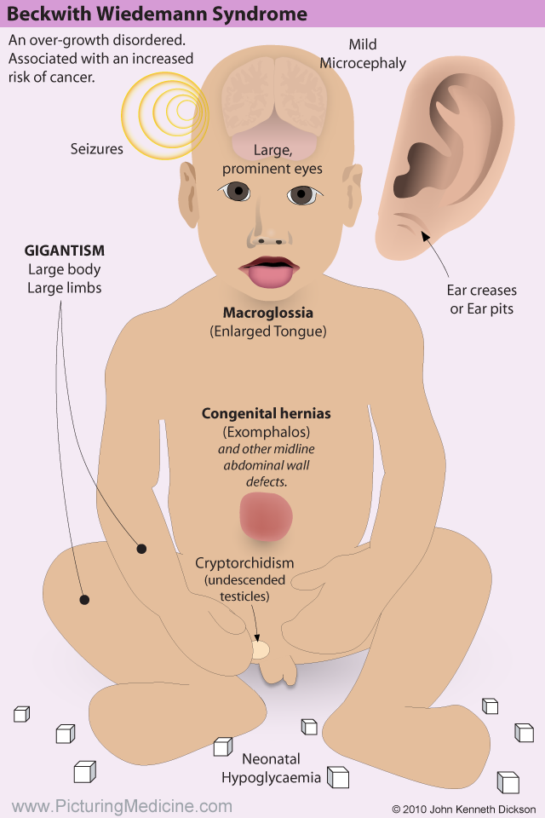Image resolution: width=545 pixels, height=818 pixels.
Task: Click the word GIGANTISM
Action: pyautogui.click(x=64, y=251)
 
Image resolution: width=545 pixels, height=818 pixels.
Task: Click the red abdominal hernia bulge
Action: pyautogui.click(x=266, y=516)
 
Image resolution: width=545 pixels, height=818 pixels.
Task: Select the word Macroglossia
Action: pyautogui.click(x=268, y=313)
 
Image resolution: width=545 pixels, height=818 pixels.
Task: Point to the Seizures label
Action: pyautogui.click(x=97, y=149)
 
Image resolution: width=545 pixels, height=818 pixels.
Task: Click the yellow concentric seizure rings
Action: pyautogui.click(x=165, y=115)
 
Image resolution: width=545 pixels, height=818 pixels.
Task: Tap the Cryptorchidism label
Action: pyautogui.click(x=244, y=563)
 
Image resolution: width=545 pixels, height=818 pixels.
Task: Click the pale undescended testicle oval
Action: pyautogui.click(x=261, y=650)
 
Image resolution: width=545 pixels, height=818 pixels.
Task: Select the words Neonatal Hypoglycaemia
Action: pyautogui.click(x=271, y=768)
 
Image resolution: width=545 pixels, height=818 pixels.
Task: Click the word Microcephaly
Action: pyautogui.click(x=363, y=64)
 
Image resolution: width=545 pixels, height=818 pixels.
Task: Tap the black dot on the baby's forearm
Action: pyautogui.click(x=141, y=548)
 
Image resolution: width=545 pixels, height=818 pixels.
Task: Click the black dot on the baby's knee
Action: pyautogui.click(x=84, y=600)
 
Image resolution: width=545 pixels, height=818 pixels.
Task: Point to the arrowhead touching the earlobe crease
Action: pyautogui.click(x=426, y=237)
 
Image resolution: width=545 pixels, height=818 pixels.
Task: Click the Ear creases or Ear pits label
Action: pyautogui.click(x=482, y=299)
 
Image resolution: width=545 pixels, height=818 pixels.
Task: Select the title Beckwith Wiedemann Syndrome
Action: pyautogui.click(x=157, y=14)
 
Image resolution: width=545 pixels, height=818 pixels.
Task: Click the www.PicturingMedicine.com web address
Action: pyautogui.click(x=122, y=806)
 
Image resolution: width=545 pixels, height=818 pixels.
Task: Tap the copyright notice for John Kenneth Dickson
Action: pyautogui.click(x=463, y=809)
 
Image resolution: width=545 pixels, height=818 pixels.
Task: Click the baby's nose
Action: pyautogui.click(x=269, y=228)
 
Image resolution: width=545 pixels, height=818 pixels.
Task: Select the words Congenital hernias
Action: pyautogui.click(x=266, y=414)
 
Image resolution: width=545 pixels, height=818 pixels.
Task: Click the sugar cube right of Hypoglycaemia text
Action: pyautogui.click(x=338, y=777)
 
